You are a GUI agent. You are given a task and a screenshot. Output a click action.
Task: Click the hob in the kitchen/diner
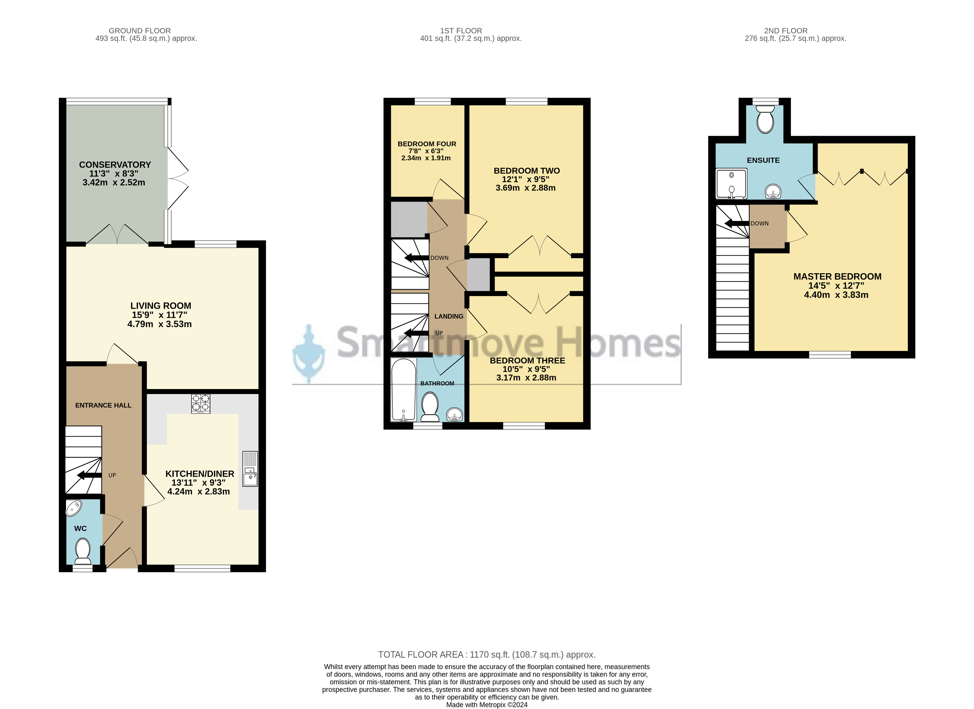201,404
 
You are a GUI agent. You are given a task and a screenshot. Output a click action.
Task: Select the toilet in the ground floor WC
82,551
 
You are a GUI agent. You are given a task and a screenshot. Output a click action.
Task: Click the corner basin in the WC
73,508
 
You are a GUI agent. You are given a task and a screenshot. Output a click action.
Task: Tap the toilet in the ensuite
766,119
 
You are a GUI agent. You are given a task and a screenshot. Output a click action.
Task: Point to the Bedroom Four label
427,144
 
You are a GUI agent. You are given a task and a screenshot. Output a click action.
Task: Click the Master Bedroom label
837,277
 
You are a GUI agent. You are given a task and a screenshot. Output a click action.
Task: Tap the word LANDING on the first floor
449,316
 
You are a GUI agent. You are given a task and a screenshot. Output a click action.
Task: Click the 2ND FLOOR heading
786,31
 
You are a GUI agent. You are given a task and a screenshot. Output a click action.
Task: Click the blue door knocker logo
308,353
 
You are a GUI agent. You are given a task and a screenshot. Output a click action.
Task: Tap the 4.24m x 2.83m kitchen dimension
198,492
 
